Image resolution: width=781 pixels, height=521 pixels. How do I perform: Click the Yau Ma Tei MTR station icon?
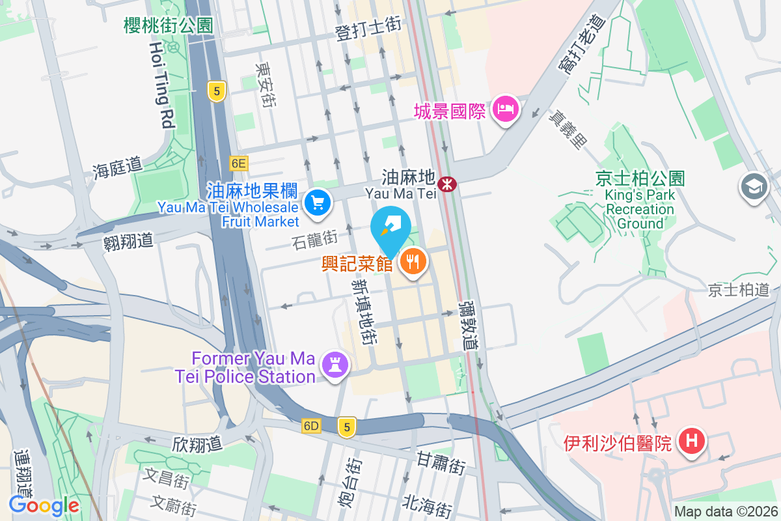[446, 184]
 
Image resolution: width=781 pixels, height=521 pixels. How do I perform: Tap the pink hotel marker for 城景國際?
[506, 109]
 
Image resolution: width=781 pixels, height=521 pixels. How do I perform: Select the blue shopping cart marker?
[318, 203]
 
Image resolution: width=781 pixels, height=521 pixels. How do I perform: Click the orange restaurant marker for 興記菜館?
[412, 262]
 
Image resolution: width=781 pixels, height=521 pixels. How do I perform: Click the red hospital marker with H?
[692, 441]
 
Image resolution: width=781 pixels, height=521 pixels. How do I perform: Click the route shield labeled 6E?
[239, 163]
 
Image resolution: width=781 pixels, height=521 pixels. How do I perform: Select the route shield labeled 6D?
[312, 426]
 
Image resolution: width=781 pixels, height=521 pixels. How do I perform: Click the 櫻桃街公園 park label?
[169, 25]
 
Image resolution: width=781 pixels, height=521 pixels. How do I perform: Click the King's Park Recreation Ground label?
[640, 209]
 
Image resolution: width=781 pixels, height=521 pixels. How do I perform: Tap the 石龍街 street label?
[314, 242]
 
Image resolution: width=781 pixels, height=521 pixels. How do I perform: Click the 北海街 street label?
[427, 505]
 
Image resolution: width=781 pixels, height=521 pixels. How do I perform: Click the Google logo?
[44, 505]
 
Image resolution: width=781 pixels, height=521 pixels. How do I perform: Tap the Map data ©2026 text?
[726, 512]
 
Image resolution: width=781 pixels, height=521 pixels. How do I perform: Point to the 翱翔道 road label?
[128, 241]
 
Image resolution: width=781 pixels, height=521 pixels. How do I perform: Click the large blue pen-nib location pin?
[390, 229]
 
